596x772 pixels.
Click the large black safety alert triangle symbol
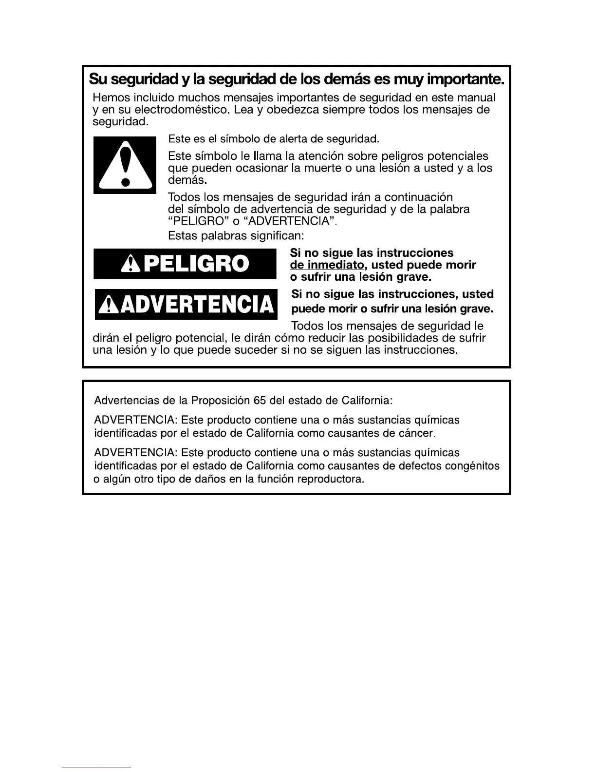pos(125,165)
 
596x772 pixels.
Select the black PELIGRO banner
pos(185,264)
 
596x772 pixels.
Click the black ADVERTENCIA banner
pos(186,304)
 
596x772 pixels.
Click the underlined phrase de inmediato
pos(327,265)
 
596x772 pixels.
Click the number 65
pos(259,401)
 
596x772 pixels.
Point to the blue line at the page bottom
pos(96,768)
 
